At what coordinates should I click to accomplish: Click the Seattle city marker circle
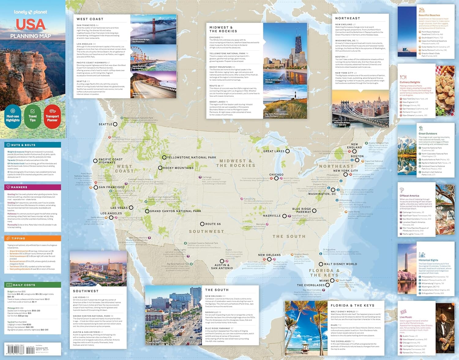tap(115, 124)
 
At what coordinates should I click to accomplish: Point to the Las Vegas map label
tap(119, 208)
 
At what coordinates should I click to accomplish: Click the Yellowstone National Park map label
tap(192, 157)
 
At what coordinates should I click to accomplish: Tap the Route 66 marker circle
tap(202, 224)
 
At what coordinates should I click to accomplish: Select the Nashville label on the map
tap(272, 216)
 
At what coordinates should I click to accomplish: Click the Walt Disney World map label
tap(340, 264)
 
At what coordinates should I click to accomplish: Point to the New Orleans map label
tap(269, 255)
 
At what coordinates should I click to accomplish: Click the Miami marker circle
tap(332, 280)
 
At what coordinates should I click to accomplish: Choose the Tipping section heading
tap(18, 238)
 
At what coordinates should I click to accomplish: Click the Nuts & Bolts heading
tap(23, 145)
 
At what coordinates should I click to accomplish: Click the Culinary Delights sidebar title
tap(410, 82)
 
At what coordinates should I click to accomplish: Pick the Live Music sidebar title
tap(406, 317)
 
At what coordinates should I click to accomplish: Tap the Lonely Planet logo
tap(30, 12)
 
